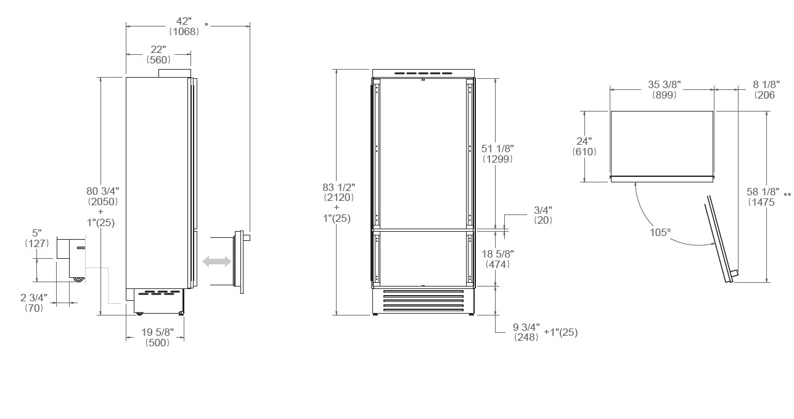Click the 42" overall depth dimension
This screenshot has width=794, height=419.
coord(184,26)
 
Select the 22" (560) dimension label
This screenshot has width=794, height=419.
coord(158,55)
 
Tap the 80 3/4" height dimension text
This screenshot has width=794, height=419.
coord(102,206)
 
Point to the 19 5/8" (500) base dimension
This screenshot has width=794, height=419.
coord(157,337)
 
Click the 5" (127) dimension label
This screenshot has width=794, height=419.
coord(36,238)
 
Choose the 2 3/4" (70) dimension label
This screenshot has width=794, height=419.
coord(34,303)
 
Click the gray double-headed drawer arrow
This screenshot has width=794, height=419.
coord(216,262)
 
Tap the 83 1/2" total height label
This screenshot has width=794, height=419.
coord(338,203)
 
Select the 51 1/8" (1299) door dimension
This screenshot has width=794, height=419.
coord(497,153)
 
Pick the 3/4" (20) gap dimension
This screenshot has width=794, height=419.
coord(543,215)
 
